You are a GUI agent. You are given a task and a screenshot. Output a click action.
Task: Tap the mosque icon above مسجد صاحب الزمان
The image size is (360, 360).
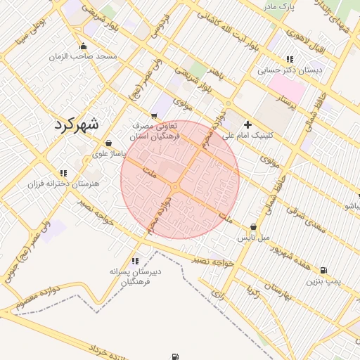(84, 46)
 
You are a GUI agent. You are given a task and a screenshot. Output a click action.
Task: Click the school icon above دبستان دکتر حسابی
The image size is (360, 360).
(289, 60)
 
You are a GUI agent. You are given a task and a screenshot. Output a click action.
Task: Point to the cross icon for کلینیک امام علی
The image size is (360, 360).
(247, 124)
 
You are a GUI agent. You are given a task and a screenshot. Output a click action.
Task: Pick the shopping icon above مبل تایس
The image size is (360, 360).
(253, 227)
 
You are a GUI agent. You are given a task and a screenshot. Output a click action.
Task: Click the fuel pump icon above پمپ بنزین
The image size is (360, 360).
(323, 270)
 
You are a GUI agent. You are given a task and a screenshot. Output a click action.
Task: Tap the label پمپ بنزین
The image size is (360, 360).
(323, 281)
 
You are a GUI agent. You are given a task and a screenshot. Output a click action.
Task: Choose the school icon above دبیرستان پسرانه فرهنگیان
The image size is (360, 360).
(135, 260)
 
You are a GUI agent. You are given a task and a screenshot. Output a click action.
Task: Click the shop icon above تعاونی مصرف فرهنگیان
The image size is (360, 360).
(154, 115)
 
